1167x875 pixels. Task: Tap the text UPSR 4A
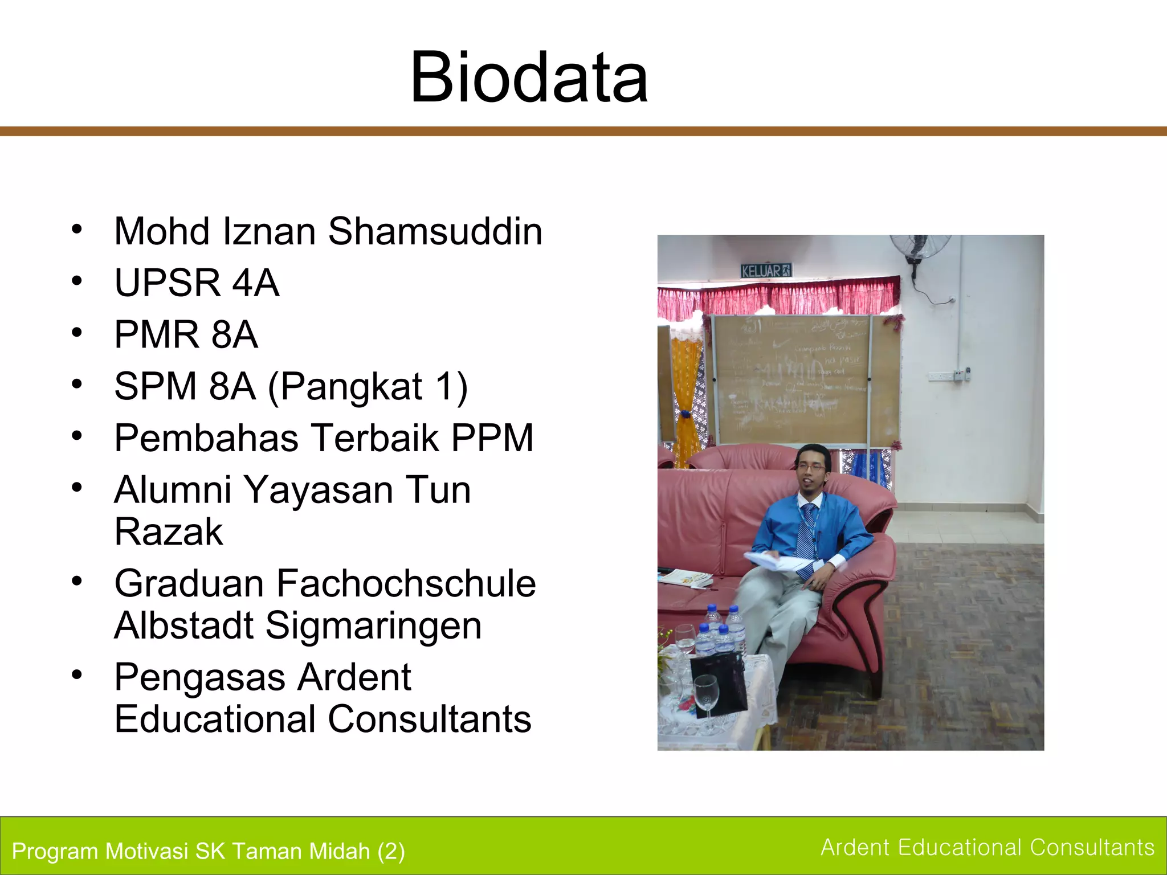pos(197,283)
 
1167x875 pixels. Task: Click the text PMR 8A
pos(186,334)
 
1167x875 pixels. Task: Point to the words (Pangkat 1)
pos(368,387)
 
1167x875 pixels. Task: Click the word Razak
pos(169,532)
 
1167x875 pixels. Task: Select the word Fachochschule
pos(406,584)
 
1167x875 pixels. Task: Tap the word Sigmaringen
pos(373,625)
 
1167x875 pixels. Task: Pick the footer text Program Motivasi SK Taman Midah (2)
pos(208,851)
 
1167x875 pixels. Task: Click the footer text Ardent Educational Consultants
pos(987,848)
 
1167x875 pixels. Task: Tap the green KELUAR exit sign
pos(766,271)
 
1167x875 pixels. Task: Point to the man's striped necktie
pos(806,530)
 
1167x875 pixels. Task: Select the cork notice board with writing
pos(792,379)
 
